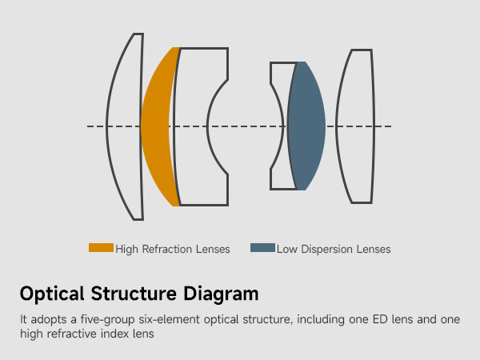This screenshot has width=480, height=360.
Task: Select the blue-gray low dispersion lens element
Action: (306, 126)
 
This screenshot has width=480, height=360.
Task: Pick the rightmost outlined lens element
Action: (354, 126)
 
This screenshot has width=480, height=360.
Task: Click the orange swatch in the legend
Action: (101, 248)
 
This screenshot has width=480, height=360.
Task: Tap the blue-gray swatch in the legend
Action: (262, 248)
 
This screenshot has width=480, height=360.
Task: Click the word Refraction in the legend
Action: (167, 250)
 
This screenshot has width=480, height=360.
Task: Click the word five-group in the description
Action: (91, 319)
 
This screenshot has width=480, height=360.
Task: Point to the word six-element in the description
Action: (151, 319)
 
